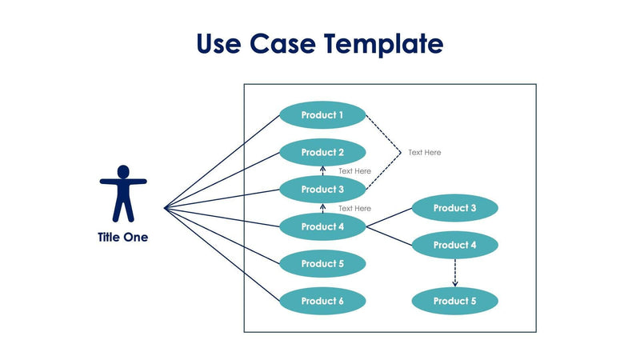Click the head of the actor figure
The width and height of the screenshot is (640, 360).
click(x=122, y=171)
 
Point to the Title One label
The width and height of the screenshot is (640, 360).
click(x=122, y=238)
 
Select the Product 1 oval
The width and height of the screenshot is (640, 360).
click(x=322, y=115)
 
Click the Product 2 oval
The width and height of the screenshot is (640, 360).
click(x=322, y=152)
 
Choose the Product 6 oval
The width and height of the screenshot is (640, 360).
click(x=322, y=301)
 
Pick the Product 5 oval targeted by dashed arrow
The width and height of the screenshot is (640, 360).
click(x=455, y=301)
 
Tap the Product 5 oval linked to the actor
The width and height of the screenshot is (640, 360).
click(x=322, y=263)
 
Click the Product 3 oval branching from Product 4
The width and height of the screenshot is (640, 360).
click(x=455, y=208)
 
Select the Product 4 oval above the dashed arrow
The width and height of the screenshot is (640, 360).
click(x=455, y=245)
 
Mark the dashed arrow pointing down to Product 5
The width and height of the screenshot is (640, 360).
click(x=455, y=273)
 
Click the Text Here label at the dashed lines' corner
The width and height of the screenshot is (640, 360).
click(x=424, y=152)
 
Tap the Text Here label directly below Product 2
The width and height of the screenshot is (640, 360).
click(x=354, y=171)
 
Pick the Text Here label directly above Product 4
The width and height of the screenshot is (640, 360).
click(x=354, y=208)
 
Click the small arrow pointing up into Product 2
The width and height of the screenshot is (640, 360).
click(x=322, y=170)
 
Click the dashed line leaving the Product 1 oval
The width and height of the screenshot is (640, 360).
click(x=382, y=134)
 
